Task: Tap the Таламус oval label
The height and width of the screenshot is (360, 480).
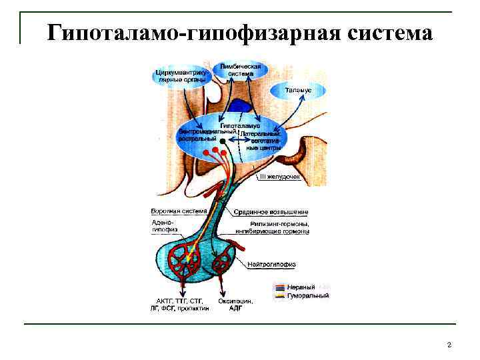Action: tap(298, 89)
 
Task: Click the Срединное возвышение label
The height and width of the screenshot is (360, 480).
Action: tap(271, 211)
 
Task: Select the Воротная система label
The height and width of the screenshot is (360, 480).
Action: tap(174, 211)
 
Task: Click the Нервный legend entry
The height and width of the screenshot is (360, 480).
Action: tap(301, 287)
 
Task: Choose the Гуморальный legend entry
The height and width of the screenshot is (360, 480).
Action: tap(307, 295)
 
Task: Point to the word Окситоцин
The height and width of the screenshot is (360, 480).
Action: tap(235, 301)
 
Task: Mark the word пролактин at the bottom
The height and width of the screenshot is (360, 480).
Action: tap(193, 309)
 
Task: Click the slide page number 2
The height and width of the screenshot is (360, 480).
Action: tap(449, 345)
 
